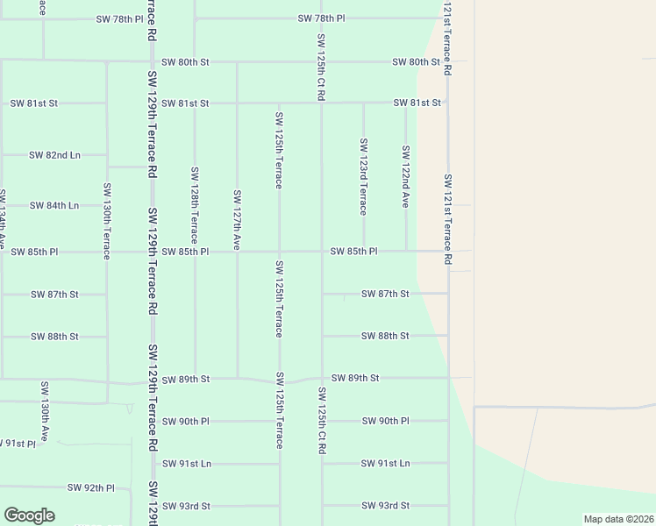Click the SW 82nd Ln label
point(54,155)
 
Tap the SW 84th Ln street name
point(54,205)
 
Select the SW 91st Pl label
point(18,444)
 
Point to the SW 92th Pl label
point(91,487)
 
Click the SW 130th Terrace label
point(107,221)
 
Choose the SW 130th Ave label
point(44,409)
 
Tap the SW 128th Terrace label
point(195,205)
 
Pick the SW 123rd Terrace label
point(363,175)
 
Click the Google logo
point(29,515)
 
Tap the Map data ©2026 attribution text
point(618,519)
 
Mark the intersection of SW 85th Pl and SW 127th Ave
point(237,252)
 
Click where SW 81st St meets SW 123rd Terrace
point(363,103)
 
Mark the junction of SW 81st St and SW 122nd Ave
point(405,103)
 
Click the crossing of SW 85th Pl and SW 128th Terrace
point(195,252)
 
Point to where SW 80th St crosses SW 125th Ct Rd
point(322,62)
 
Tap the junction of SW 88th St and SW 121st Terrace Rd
point(448,336)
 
